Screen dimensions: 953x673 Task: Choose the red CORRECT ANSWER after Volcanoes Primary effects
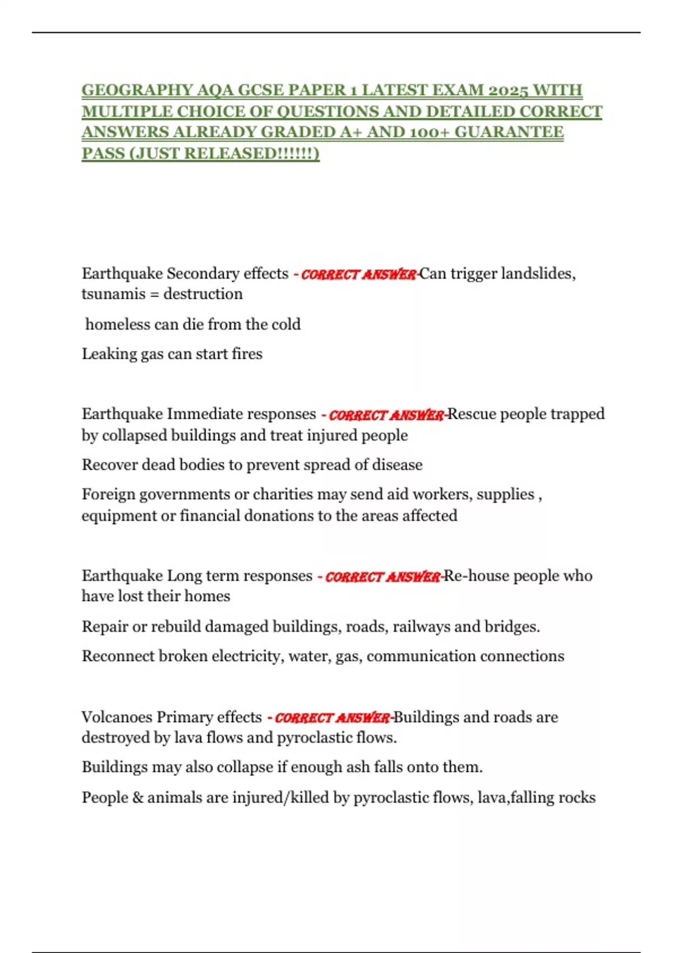click(x=333, y=718)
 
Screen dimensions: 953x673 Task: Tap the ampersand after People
click(x=138, y=798)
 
